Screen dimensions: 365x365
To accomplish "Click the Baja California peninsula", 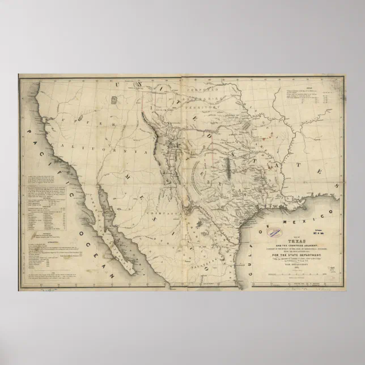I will point(117,227).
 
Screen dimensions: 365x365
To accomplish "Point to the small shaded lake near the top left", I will point(114,100).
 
